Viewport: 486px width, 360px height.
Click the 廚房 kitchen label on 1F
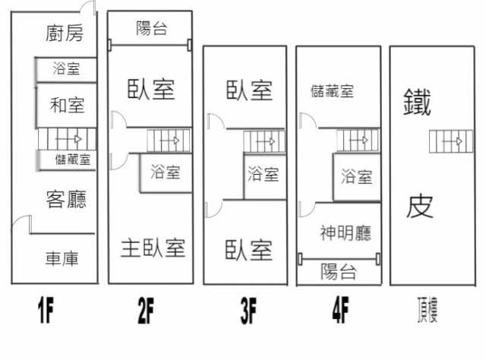[x=64, y=33]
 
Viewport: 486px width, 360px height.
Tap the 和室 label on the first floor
[x=66, y=104]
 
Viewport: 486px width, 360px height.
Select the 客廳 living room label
[x=66, y=200]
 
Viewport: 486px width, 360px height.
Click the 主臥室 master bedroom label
[x=153, y=247]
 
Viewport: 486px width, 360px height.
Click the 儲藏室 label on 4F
[x=332, y=91]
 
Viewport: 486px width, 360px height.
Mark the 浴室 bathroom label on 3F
[x=264, y=175]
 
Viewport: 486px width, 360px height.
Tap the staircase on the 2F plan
[x=169, y=141]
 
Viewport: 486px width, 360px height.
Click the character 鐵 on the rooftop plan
[x=418, y=101]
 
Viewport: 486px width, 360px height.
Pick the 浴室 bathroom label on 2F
[x=166, y=172]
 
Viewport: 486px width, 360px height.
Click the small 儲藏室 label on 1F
[x=73, y=159]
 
